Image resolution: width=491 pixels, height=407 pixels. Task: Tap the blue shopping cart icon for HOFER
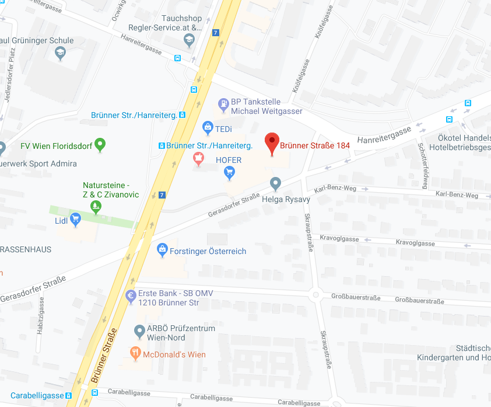click(x=229, y=172)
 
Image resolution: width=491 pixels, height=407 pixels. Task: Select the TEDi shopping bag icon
click(x=208, y=127)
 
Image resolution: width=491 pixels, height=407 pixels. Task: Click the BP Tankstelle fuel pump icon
click(x=223, y=105)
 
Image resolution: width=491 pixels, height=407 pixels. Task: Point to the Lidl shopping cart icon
click(x=75, y=220)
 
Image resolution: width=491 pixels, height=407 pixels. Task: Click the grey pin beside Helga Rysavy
click(x=276, y=184)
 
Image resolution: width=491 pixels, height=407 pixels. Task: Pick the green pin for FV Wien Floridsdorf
click(x=100, y=144)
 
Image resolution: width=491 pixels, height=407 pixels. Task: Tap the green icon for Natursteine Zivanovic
click(x=96, y=206)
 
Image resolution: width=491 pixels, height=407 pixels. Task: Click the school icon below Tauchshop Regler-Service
click(x=188, y=40)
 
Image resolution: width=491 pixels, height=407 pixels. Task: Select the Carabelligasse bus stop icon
click(x=69, y=395)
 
